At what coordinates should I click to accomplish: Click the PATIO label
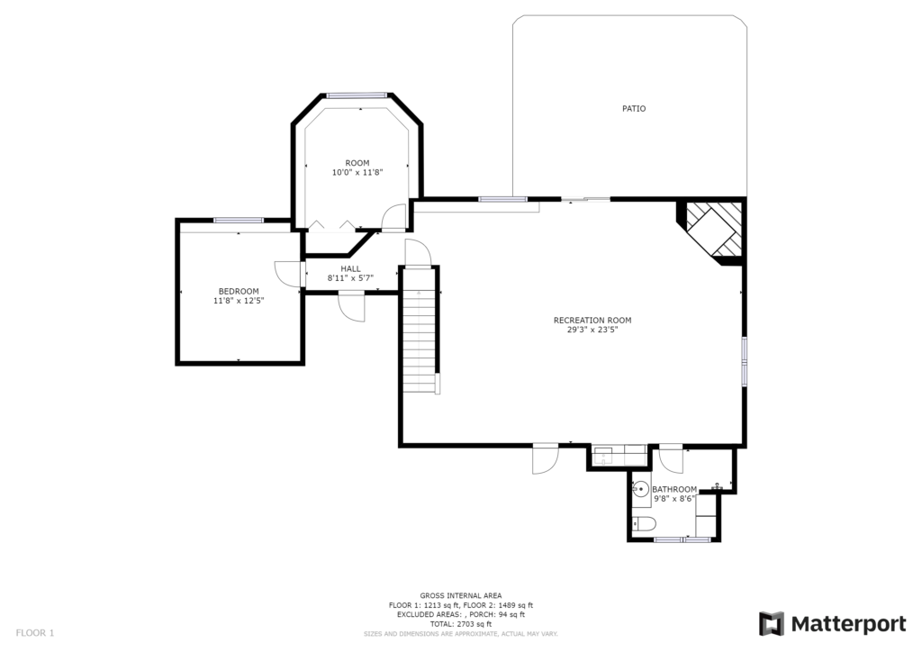tap(634, 108)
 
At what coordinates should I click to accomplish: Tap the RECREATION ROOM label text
tap(592, 321)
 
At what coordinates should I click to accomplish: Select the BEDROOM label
tap(239, 291)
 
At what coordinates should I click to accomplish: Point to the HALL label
tap(350, 268)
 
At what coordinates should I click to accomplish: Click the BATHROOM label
tap(674, 489)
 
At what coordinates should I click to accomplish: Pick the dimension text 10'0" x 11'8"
tap(357, 172)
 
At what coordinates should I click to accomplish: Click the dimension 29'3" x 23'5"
tap(592, 330)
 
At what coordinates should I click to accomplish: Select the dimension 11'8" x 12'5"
tap(239, 301)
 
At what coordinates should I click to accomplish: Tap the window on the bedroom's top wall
tap(238, 221)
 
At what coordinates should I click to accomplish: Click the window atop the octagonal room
tap(357, 95)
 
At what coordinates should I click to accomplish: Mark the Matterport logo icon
tap(771, 624)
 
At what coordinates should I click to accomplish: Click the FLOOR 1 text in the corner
tap(35, 633)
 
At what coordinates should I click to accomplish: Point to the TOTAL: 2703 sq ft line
tap(460, 624)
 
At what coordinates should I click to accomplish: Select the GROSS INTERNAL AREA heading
tap(460, 595)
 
